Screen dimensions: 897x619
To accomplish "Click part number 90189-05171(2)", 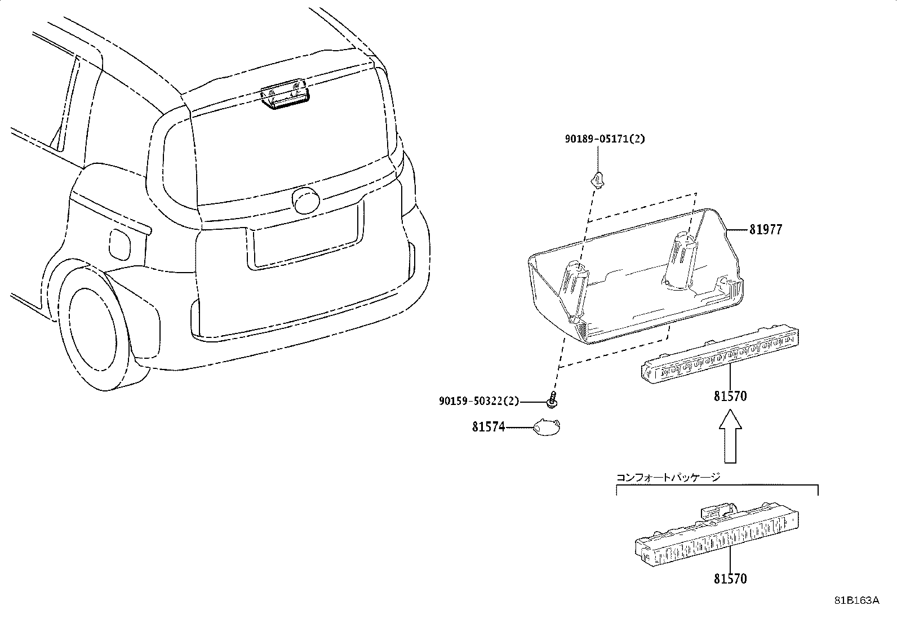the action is coord(605,139).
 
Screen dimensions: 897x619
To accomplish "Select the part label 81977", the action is coord(766,230).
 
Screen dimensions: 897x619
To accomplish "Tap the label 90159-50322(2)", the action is coord(478,401).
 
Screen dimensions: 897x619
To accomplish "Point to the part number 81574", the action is coord(488,427).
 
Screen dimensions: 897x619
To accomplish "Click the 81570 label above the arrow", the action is coord(730,397).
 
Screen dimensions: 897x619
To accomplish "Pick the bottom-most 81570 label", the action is coord(730,578).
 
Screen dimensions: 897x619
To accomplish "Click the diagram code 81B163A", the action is coord(856,600).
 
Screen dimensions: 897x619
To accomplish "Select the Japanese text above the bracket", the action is coord(668,477).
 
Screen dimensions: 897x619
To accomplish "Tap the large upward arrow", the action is coord(730,437).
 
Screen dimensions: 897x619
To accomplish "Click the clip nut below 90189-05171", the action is coord(597,180).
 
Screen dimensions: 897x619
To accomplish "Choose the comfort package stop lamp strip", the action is coord(717,535).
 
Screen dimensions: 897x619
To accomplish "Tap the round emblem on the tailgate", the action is coord(307,200).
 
